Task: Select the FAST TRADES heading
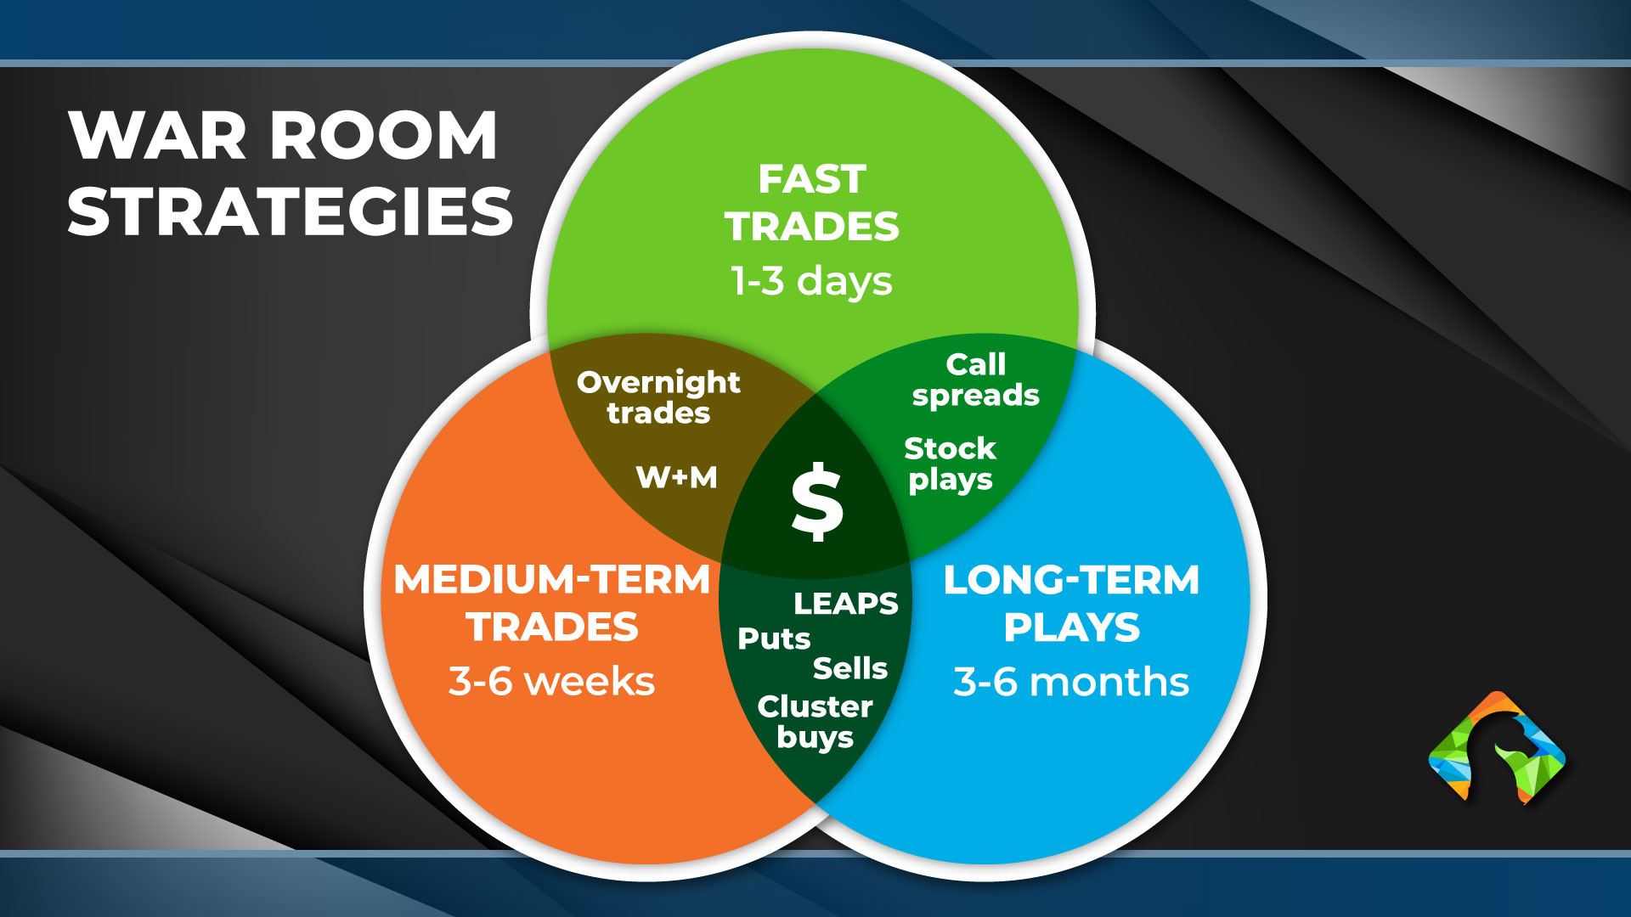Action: click(811, 203)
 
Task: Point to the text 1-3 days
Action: click(811, 280)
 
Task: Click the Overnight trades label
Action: click(658, 397)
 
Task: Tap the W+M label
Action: click(677, 478)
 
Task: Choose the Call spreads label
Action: click(975, 380)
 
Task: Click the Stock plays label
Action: click(950, 464)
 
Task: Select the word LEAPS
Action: click(845, 604)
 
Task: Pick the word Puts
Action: click(774, 639)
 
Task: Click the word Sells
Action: click(849, 669)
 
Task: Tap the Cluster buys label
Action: click(815, 722)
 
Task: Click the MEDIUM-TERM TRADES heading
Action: click(552, 604)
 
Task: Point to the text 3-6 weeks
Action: click(552, 681)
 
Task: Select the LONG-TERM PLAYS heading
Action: click(1071, 604)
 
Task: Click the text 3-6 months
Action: click(1071, 681)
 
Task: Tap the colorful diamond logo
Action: click(1497, 748)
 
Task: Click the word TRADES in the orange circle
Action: click(552, 627)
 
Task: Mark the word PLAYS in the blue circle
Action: click(1071, 627)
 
